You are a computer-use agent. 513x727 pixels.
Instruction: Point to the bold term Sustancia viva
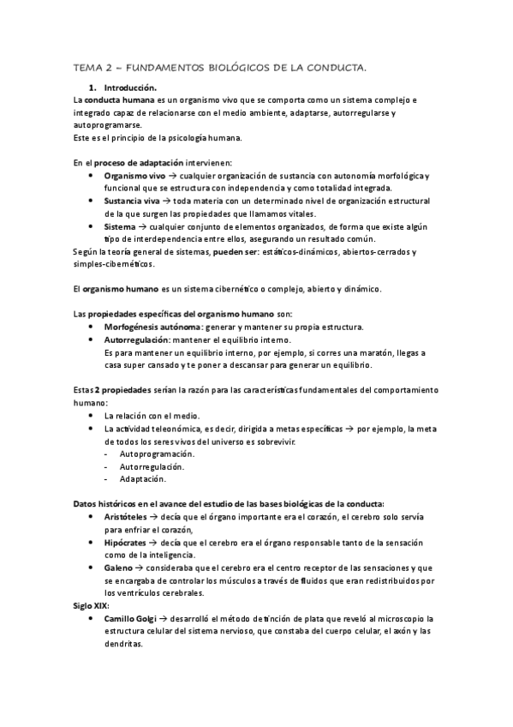(x=131, y=201)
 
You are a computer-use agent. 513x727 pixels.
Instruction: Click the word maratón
(x=362, y=352)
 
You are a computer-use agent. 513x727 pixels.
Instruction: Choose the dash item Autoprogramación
(x=157, y=453)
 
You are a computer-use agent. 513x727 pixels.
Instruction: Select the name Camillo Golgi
(x=137, y=617)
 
